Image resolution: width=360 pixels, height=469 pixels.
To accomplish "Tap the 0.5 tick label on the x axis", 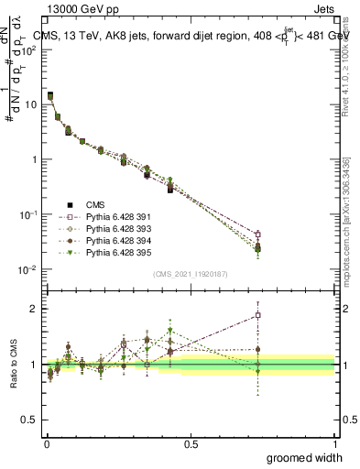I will click(191, 442).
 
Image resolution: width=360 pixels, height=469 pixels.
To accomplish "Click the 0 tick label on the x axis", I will click(47, 442).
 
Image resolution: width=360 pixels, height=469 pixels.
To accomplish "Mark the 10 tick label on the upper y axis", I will click(31, 104).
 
